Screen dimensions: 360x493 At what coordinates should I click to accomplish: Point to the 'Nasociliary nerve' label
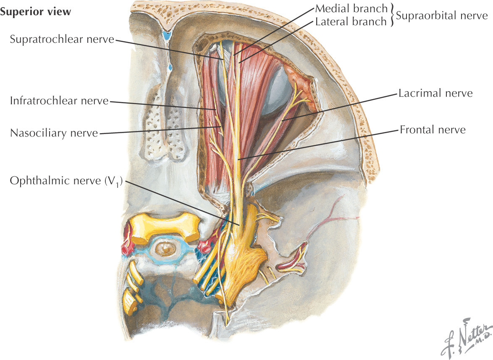(54, 133)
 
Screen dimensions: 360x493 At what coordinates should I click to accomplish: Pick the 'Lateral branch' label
(351, 21)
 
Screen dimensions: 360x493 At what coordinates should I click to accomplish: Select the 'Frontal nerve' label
(433, 129)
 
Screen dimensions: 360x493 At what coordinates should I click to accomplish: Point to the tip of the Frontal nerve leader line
(239, 160)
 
